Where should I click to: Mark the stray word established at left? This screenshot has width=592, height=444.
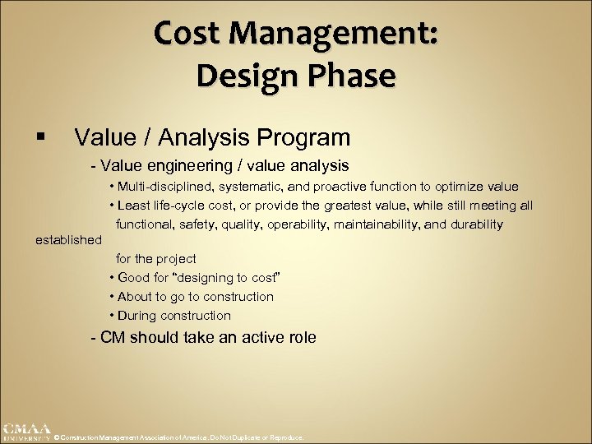pyautogui.click(x=68, y=240)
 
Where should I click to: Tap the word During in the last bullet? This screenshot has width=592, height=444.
pyautogui.click(x=137, y=316)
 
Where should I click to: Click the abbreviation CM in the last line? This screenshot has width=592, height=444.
pyautogui.click(x=113, y=337)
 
